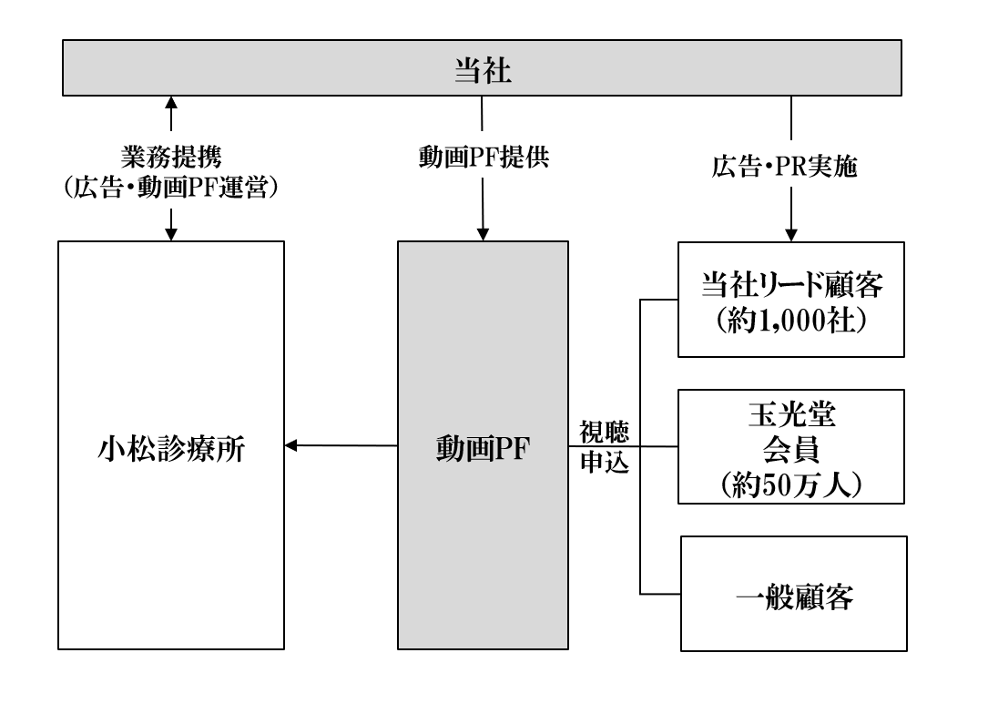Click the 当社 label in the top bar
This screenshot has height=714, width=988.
(x=483, y=71)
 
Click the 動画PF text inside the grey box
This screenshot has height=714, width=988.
(x=482, y=449)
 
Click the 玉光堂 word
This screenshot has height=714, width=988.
(x=793, y=417)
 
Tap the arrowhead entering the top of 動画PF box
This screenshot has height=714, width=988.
(x=482, y=234)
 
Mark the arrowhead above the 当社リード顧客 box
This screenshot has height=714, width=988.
(x=793, y=234)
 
